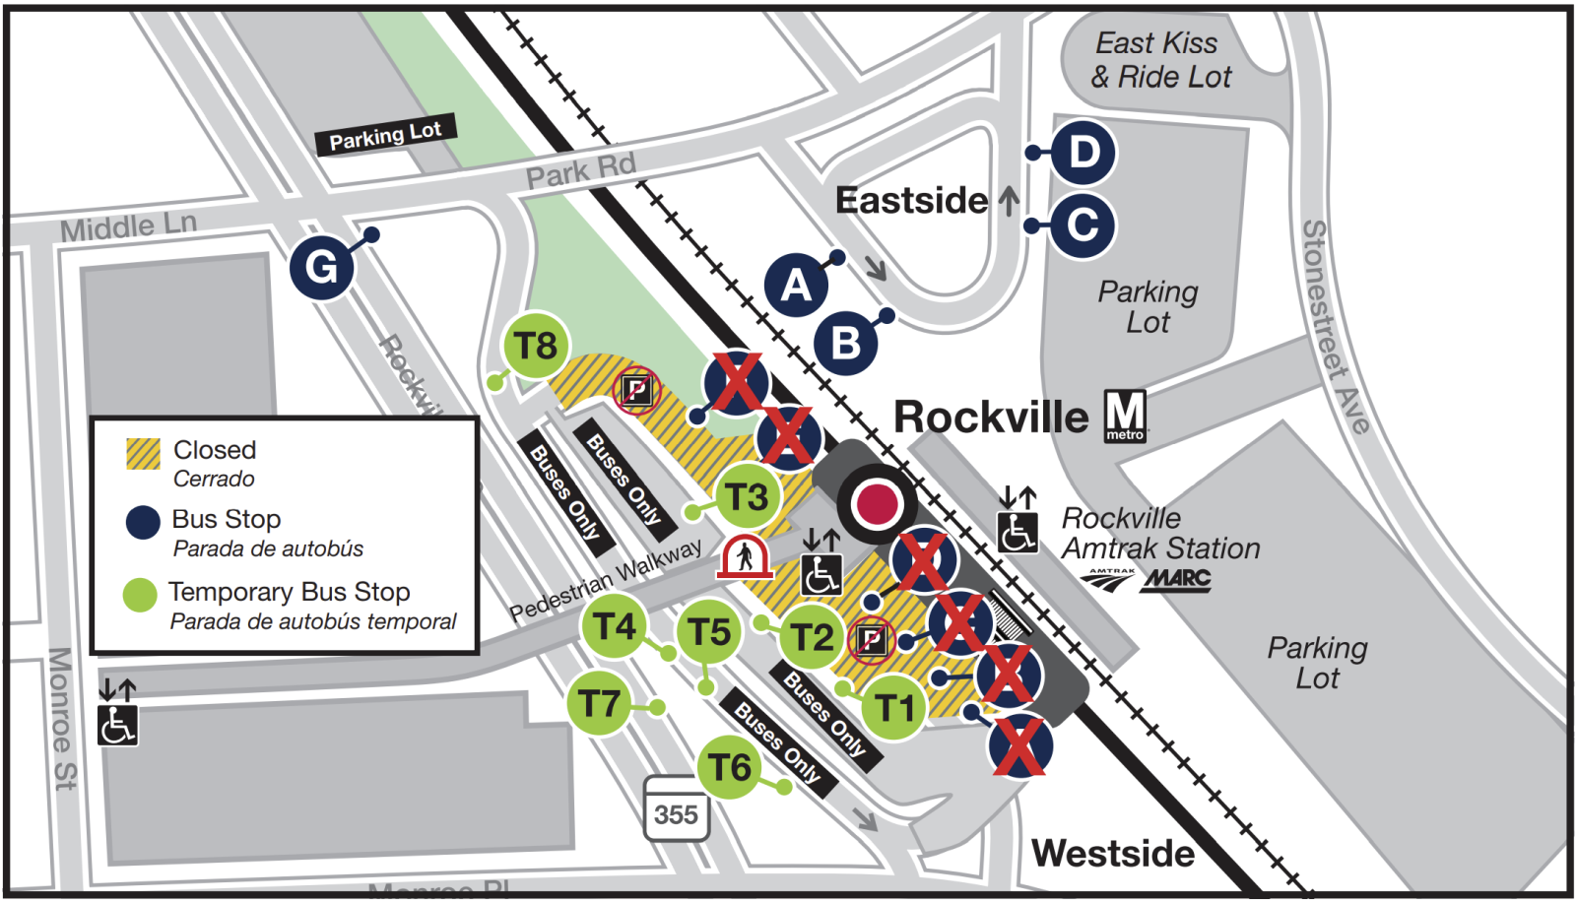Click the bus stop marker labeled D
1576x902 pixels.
(1083, 153)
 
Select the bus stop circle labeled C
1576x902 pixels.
(1082, 225)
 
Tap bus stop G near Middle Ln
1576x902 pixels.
(321, 267)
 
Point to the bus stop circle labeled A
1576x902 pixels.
(796, 286)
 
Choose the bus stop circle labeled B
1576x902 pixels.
(845, 344)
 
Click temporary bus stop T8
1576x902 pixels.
(536, 347)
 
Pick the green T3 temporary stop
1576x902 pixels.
(748, 497)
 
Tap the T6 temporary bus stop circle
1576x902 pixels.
(730, 767)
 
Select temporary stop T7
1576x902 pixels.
(599, 704)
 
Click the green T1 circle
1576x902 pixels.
(894, 707)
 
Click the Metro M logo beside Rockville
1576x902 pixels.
(1125, 416)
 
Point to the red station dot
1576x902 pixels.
(877, 503)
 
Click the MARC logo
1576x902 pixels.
(1176, 579)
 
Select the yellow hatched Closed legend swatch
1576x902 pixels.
(143, 453)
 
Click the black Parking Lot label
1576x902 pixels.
(385, 136)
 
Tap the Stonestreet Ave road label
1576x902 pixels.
(1335, 325)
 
